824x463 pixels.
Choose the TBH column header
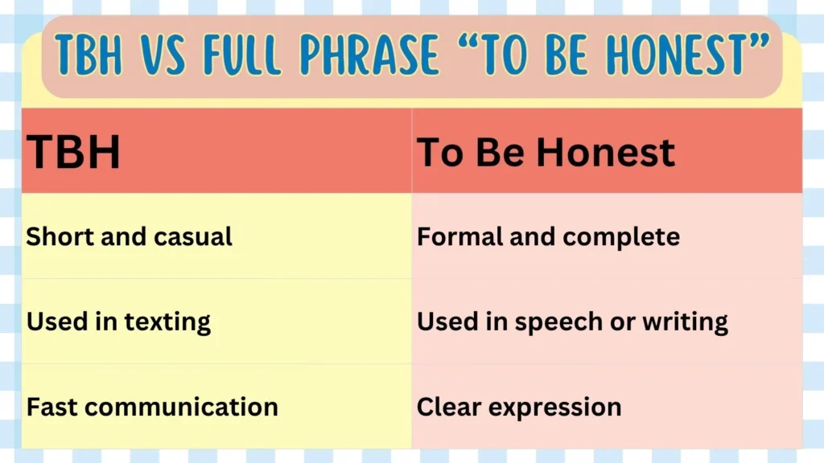coord(73,153)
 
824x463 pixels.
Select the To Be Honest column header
coord(546,153)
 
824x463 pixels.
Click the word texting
coord(167,322)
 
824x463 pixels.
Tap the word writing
coord(683,322)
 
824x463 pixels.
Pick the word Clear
coord(449,407)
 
